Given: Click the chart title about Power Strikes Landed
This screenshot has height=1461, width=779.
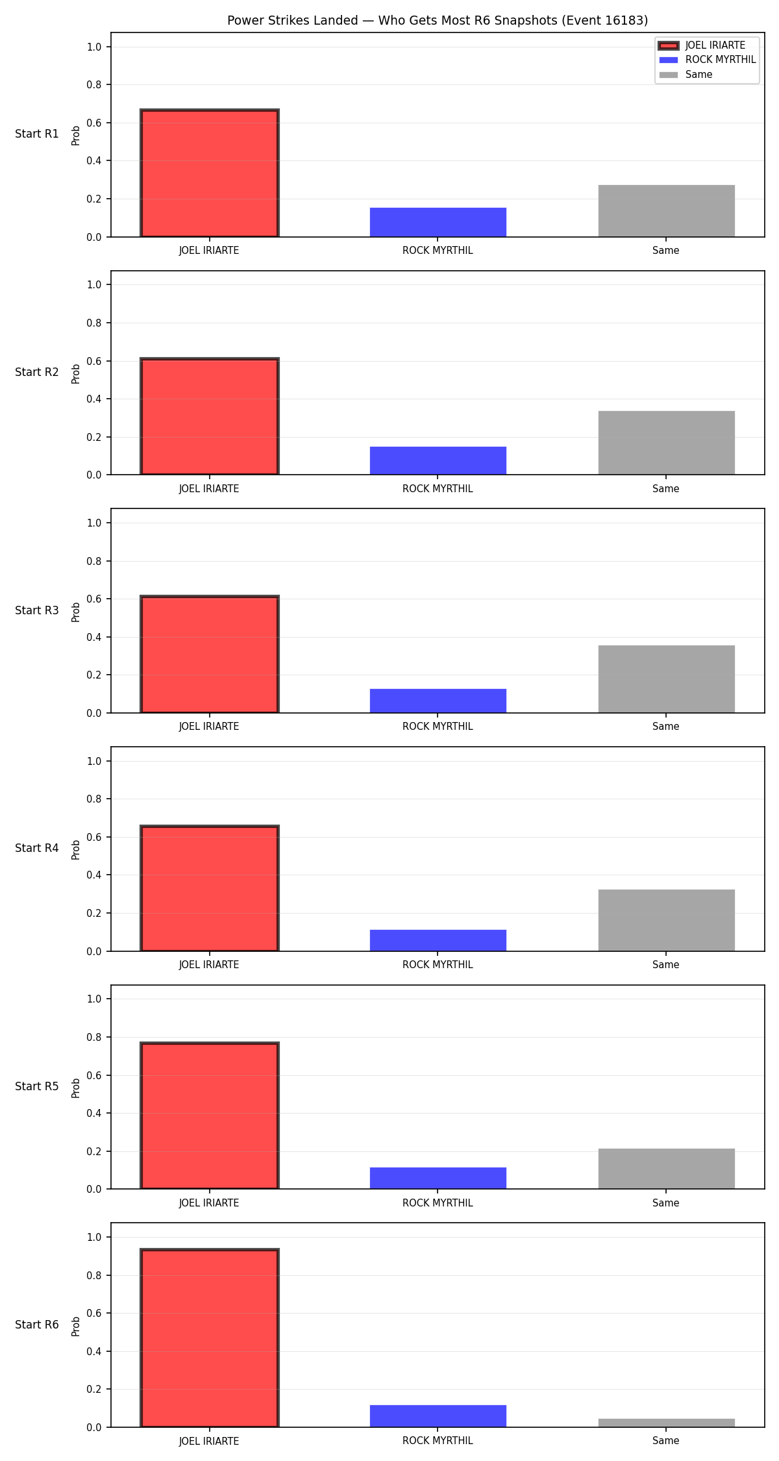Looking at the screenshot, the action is pyautogui.click(x=438, y=21).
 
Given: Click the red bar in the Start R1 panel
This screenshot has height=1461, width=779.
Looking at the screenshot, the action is pyautogui.click(x=210, y=173).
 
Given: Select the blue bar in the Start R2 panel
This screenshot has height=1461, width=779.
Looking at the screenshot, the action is pyautogui.click(x=438, y=460).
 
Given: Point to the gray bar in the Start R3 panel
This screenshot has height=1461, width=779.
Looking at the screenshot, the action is pyautogui.click(x=667, y=679).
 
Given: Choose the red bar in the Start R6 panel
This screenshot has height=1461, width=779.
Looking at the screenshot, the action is pyautogui.click(x=210, y=1338).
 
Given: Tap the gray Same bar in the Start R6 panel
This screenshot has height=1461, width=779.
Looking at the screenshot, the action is pyautogui.click(x=667, y=1423).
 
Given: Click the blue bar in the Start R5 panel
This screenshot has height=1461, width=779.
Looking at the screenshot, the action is pyautogui.click(x=438, y=1178).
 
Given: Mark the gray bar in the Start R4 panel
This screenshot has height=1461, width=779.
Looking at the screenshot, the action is pyautogui.click(x=667, y=920).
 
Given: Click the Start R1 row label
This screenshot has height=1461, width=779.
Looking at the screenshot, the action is pyautogui.click(x=37, y=134).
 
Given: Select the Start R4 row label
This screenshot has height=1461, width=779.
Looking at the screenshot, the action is pyautogui.click(x=37, y=848).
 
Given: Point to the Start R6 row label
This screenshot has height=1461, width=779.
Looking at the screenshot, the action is pyautogui.click(x=37, y=1325).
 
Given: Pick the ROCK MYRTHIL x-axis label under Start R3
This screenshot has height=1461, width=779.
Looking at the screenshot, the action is pyautogui.click(x=438, y=727).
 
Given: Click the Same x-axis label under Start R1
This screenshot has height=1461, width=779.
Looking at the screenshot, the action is pyautogui.click(x=666, y=251).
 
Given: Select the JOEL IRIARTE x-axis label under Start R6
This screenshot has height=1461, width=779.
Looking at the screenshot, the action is pyautogui.click(x=209, y=1441).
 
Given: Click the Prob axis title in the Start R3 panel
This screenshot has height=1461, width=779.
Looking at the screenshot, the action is pyautogui.click(x=76, y=612).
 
